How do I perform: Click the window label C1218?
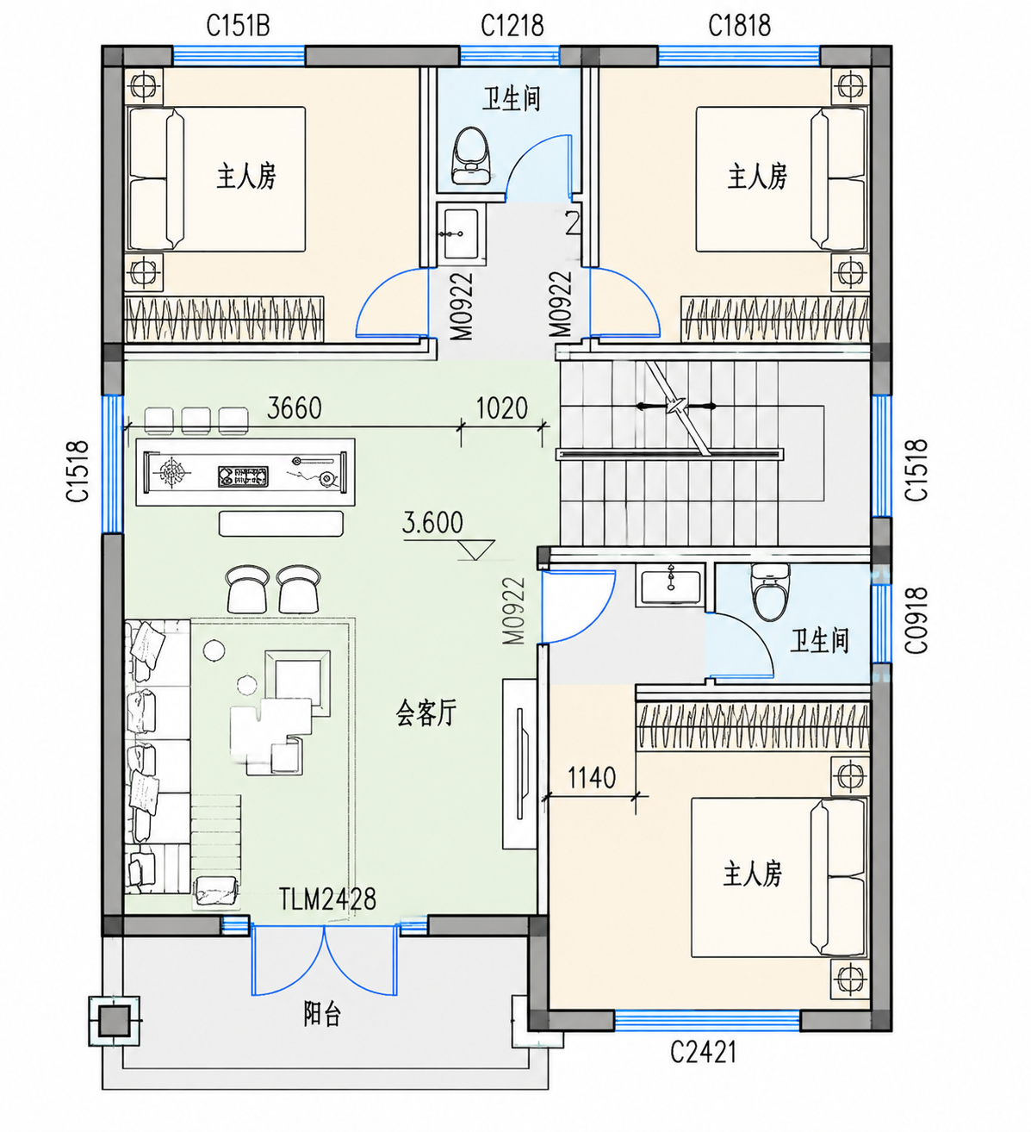pos(512,25)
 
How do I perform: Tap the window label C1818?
pos(739,25)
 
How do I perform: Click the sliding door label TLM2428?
pos(327,899)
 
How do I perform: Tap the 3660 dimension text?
pos(294,407)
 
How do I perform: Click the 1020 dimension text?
pos(501,407)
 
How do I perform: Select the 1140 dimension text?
pos(591,778)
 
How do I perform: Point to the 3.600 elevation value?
pos(432,523)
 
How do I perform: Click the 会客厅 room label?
pos(426,712)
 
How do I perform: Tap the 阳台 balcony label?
pos(322,1014)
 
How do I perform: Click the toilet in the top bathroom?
pos(470,154)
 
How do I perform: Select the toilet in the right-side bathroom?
pos(770,592)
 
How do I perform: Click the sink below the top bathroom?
pos(462,233)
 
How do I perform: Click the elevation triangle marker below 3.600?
pos(475,550)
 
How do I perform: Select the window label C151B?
pos(238,25)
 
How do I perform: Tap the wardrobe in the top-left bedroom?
pos(224,320)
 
